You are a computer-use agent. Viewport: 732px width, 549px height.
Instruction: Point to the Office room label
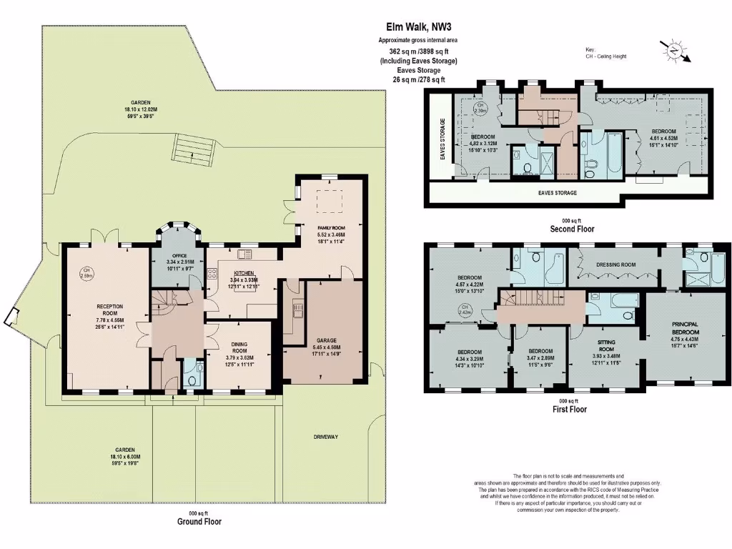(x=174, y=256)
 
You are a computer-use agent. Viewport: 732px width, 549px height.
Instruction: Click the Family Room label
(x=331, y=227)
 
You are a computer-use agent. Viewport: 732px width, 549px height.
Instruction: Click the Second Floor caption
(x=571, y=229)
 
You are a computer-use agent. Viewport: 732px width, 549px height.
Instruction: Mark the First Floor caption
(x=569, y=410)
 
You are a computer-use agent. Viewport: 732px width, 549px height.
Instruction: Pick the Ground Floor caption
(x=199, y=522)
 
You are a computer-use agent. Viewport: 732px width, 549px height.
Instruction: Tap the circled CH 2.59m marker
(x=87, y=273)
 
